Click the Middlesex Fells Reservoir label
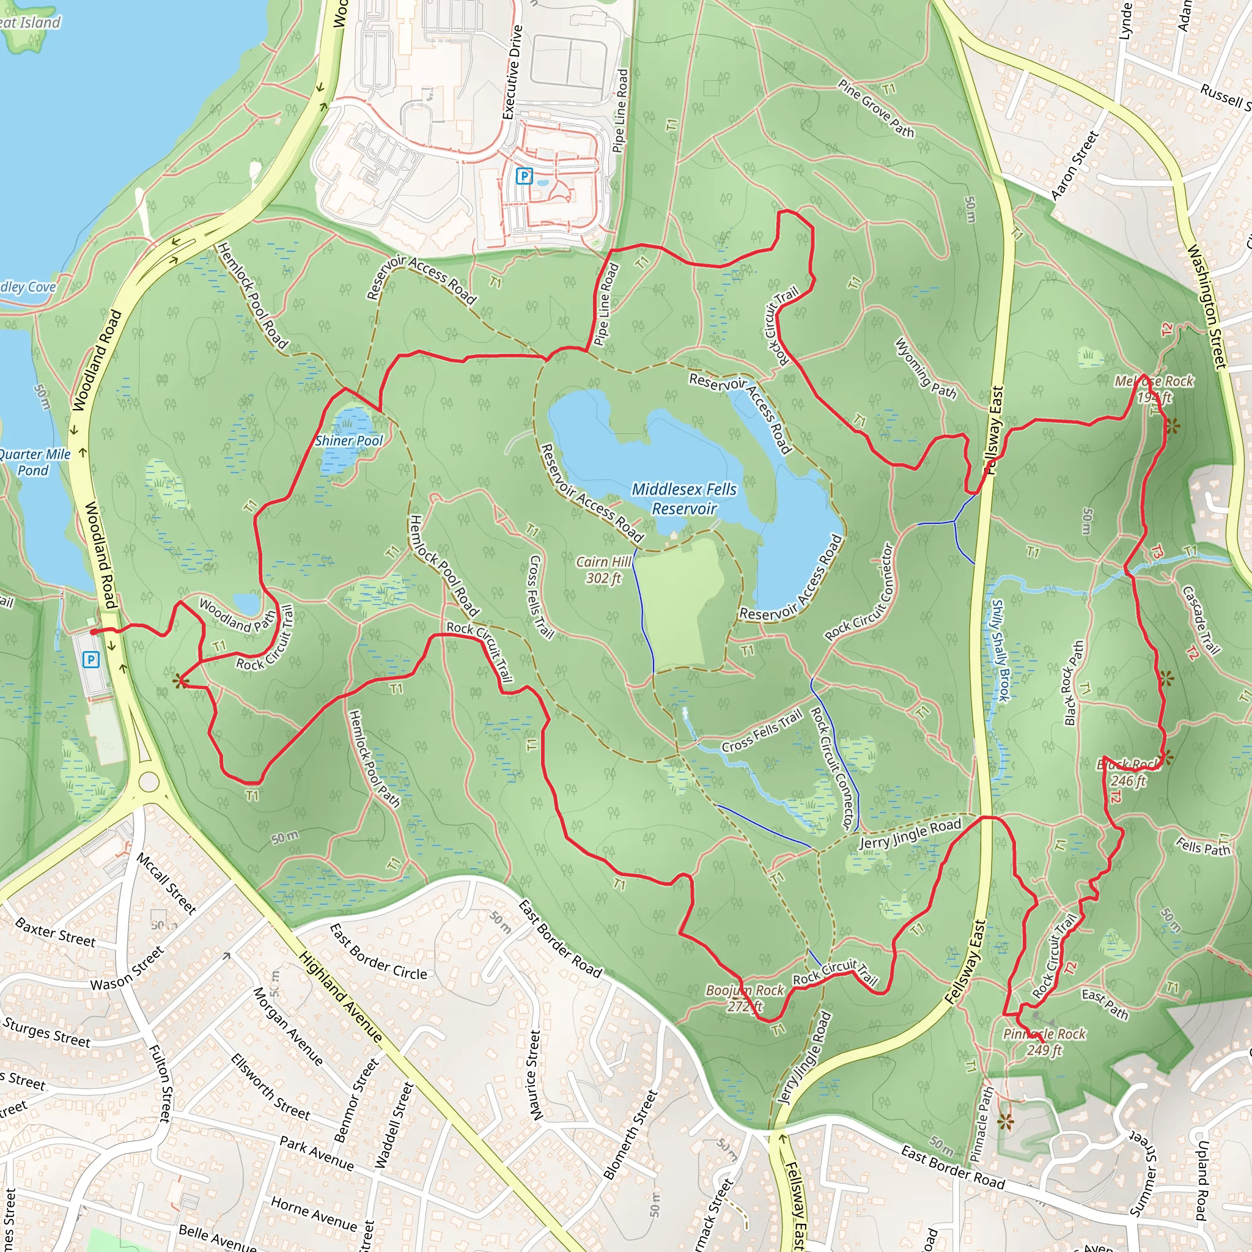coord(683,498)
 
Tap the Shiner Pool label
coord(348,441)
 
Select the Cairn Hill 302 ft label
coord(603,570)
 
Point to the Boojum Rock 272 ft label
coord(745,998)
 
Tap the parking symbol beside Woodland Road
coord(91,660)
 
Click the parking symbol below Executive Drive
coord(524,175)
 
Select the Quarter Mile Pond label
coord(34,462)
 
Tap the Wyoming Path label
coord(925,368)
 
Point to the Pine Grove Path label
coord(875,109)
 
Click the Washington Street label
coord(1206,306)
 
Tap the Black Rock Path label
coord(1073,682)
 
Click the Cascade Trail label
coord(1201,620)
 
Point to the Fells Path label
coord(1202,845)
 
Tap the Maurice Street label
coord(534,1075)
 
